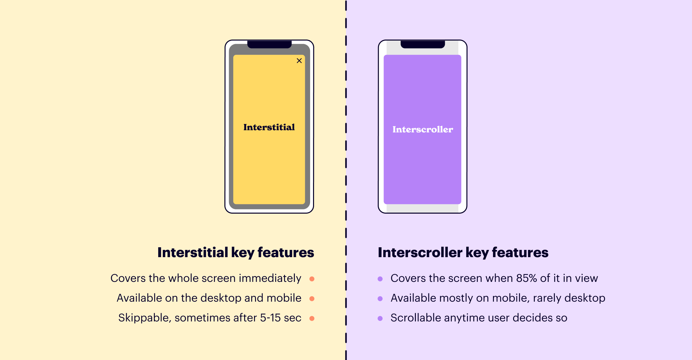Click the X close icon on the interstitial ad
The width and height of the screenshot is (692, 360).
click(299, 61)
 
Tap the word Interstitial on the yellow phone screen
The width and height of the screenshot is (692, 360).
click(269, 127)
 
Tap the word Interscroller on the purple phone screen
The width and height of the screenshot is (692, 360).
click(422, 130)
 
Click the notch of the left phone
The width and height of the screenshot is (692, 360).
click(269, 44)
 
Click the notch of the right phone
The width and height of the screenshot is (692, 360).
click(422, 44)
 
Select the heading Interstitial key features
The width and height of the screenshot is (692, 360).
click(236, 253)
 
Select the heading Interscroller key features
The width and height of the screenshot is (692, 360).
click(463, 253)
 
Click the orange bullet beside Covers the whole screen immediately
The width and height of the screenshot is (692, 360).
click(312, 279)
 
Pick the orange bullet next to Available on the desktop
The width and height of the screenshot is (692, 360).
click(312, 299)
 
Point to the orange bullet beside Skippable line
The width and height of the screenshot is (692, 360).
click(312, 318)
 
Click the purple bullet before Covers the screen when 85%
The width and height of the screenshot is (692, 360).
click(380, 279)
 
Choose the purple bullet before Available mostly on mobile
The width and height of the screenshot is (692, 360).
click(380, 299)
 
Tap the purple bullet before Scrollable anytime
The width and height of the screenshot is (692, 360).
click(380, 318)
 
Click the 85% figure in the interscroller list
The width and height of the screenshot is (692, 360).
click(527, 278)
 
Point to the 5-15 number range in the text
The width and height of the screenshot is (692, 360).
click(270, 318)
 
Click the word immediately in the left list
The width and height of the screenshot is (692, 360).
click(270, 278)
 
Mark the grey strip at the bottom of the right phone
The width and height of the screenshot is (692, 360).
click(422, 208)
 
